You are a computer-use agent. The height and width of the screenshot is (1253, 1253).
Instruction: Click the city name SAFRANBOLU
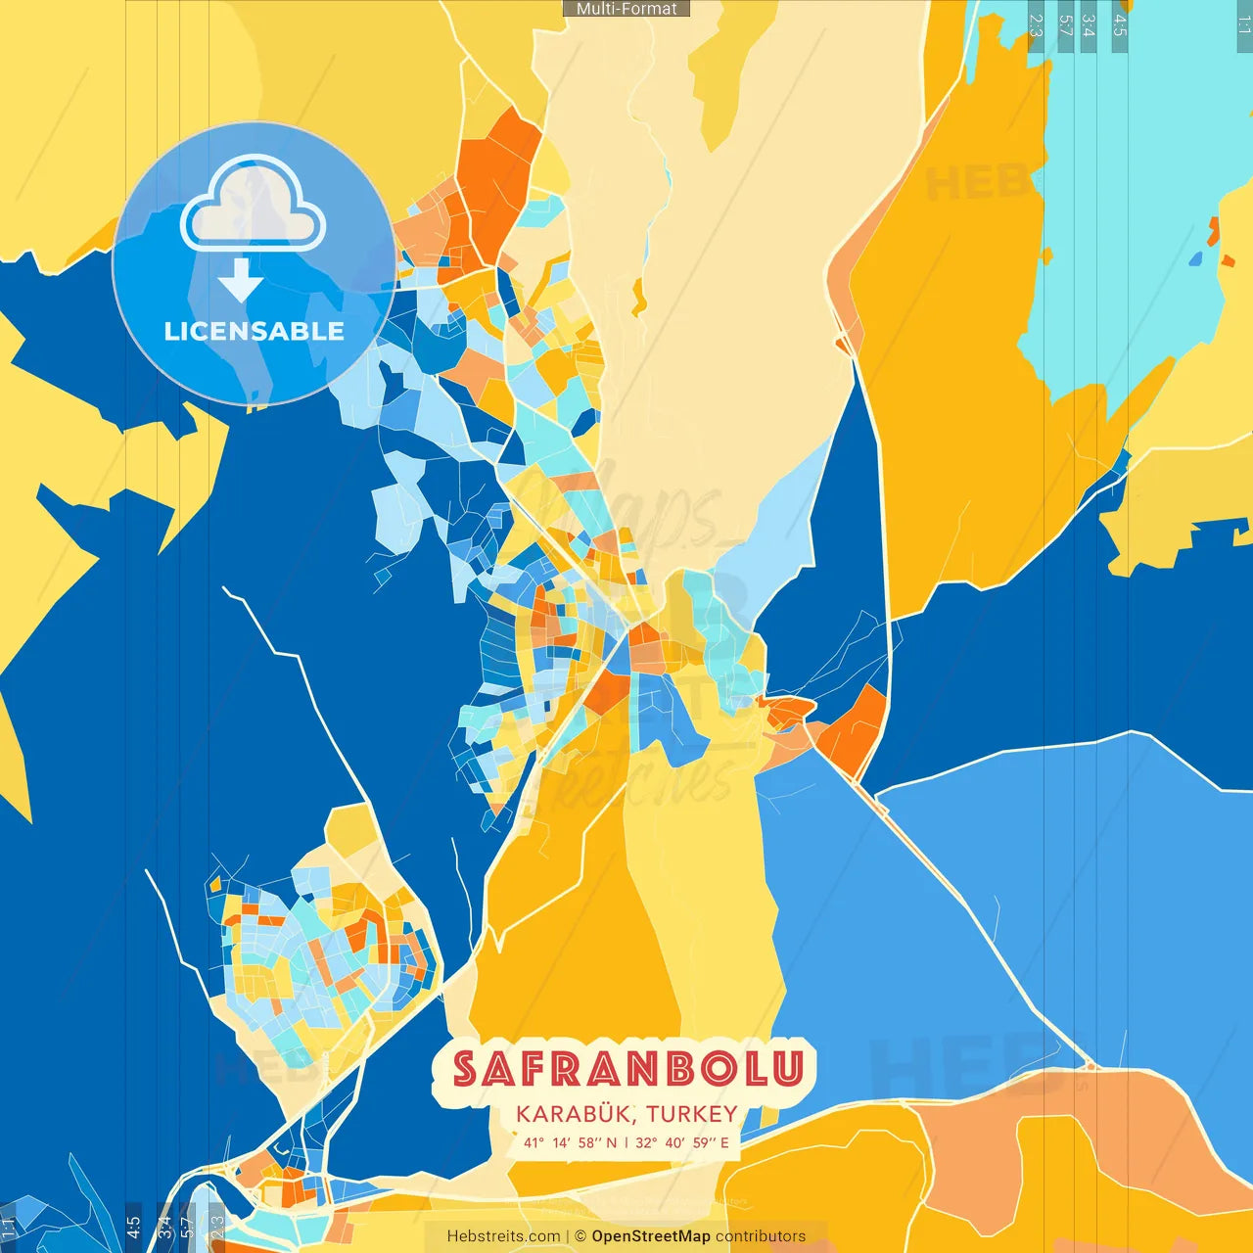coord(627,1069)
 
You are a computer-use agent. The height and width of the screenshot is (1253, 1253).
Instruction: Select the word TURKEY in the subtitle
coord(691,1114)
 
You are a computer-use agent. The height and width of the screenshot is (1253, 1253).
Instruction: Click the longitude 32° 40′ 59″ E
coord(682,1142)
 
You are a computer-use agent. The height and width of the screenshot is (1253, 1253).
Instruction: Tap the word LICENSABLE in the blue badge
coord(254,331)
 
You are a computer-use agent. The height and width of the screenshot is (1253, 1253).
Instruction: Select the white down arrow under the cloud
coord(241,280)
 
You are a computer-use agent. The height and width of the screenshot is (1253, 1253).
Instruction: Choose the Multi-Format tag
coord(626,9)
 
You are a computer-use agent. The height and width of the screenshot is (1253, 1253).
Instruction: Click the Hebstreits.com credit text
coord(503,1236)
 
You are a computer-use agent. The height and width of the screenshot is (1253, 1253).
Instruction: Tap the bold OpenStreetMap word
coord(651,1236)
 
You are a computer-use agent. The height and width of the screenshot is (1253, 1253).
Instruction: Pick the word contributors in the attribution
coord(761,1236)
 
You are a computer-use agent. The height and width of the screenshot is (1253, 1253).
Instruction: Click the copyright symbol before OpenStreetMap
coord(580,1236)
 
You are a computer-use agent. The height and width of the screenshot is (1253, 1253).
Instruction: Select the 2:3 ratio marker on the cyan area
coord(1036,25)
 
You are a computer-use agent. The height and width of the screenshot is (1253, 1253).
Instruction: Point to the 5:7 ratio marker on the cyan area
coord(1065,25)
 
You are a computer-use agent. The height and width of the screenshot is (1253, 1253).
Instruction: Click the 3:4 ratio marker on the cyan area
coord(1089,25)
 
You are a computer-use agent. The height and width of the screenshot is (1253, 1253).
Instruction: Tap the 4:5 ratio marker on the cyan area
coord(1120,25)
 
